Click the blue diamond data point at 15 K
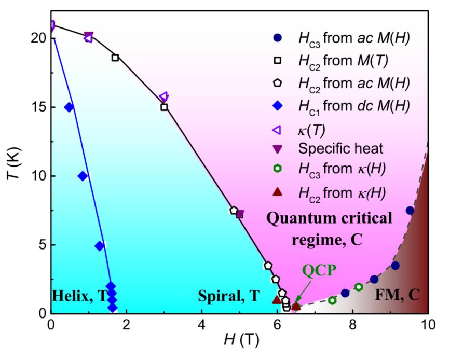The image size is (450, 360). (x=69, y=107)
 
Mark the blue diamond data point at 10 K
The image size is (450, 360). (x=83, y=176)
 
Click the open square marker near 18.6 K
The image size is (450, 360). (x=115, y=57)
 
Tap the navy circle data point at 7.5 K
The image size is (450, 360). (x=410, y=211)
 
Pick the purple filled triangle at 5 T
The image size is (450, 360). (x=240, y=214)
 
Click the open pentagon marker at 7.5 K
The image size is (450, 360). (x=234, y=211)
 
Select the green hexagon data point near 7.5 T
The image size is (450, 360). (x=332, y=300)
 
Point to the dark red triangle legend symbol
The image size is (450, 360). (x=277, y=192)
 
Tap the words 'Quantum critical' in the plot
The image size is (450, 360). (x=330, y=218)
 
